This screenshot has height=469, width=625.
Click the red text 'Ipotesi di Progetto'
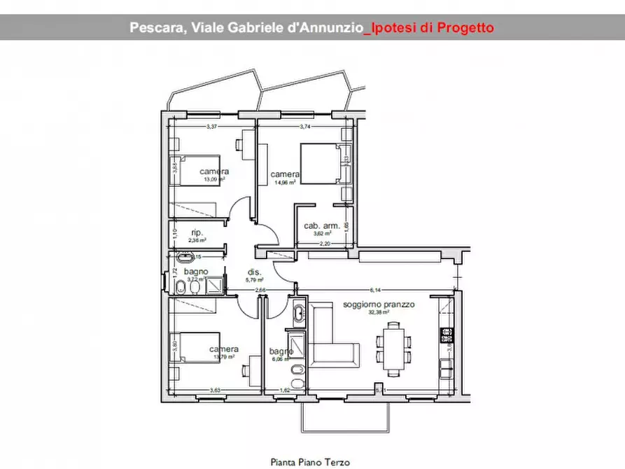432,28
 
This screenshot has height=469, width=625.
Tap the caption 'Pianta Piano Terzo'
310,462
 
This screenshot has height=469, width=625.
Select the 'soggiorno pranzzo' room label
379,305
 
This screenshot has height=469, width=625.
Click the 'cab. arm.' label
321,225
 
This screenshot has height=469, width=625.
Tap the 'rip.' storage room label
197,232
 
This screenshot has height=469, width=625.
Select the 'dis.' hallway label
254,272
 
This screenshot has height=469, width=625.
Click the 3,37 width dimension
213,127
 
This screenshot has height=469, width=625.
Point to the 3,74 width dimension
305,127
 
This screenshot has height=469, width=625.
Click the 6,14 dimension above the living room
375,290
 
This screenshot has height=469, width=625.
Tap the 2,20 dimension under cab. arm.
324,244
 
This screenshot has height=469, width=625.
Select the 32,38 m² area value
379,314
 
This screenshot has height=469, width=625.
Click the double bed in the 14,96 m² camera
321,162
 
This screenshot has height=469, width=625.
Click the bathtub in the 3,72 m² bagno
188,257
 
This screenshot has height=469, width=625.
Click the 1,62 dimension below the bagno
285,390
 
